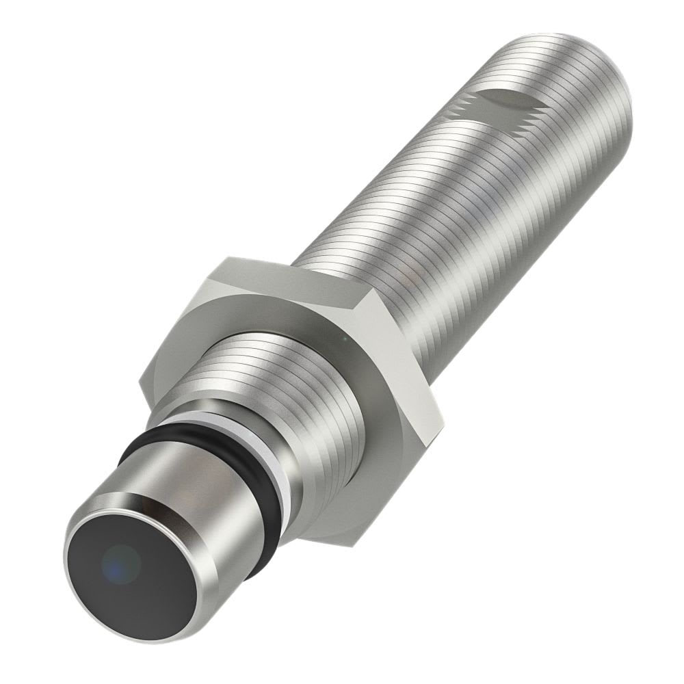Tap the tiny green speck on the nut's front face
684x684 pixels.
(344, 337)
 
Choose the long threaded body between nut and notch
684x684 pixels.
(438, 205)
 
